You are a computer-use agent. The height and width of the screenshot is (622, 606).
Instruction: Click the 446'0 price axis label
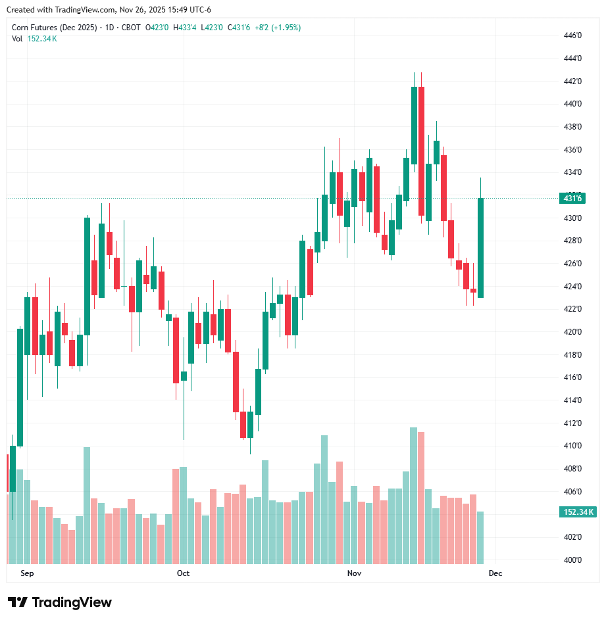coord(573,36)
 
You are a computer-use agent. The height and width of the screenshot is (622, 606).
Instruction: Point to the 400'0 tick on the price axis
coord(573,560)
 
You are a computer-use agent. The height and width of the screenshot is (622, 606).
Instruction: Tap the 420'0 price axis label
coord(573,332)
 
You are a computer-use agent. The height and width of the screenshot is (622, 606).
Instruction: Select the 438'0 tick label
coord(573,127)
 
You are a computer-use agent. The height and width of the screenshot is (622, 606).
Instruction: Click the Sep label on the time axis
coord(27,573)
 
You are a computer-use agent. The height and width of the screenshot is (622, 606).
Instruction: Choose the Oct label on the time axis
coord(183,573)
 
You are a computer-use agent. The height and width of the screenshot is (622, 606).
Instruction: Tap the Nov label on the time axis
coord(355,573)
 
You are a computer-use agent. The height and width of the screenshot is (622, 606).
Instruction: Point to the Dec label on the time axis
coord(495,573)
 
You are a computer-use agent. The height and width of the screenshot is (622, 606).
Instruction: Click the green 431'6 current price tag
coord(572,198)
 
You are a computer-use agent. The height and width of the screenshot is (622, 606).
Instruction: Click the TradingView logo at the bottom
coord(60,602)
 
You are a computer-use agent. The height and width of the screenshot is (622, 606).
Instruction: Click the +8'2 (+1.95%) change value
coord(278,28)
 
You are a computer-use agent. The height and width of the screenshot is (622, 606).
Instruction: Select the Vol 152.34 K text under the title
coord(34,38)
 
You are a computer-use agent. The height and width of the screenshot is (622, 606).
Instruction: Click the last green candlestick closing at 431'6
coord(481,247)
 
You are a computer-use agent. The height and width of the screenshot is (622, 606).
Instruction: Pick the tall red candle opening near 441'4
coord(421,151)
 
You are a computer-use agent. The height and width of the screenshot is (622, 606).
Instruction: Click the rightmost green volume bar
coord(481,538)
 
